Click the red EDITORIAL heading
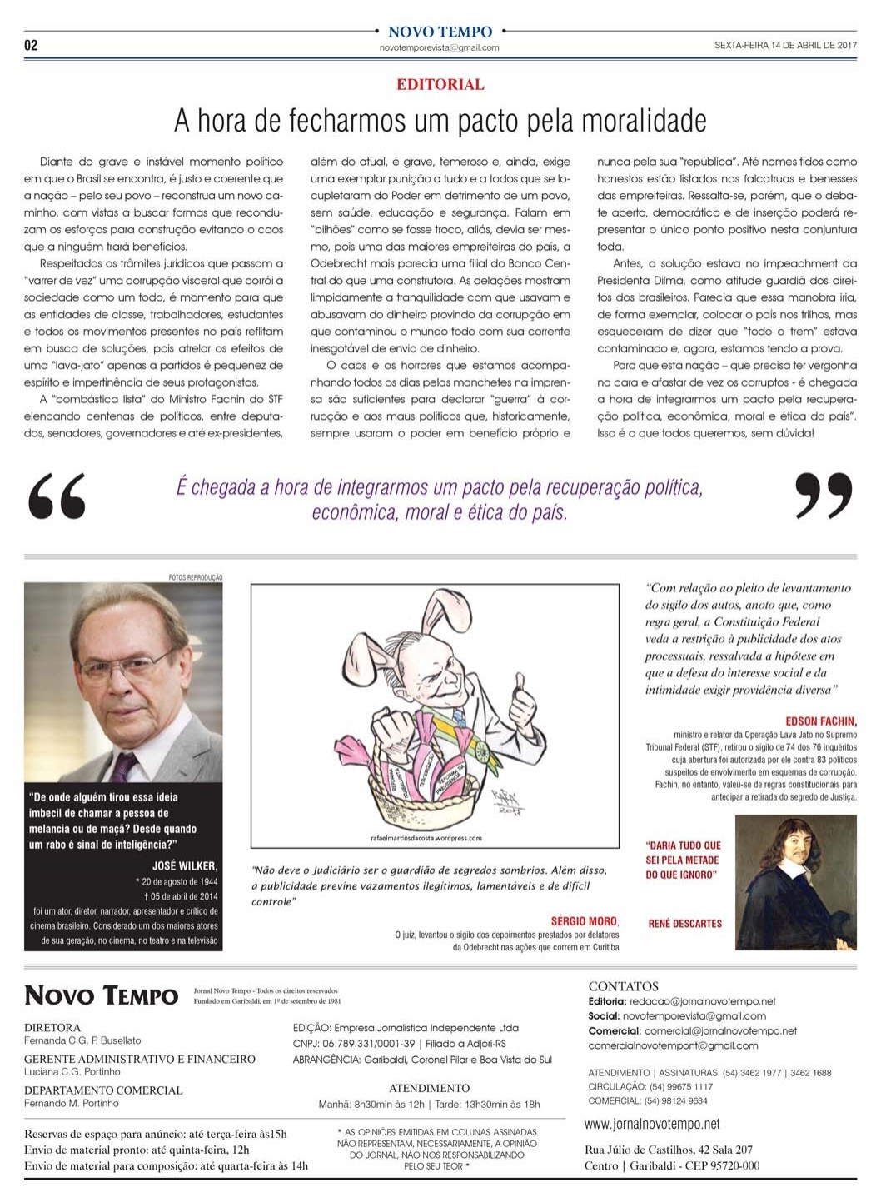tap(440, 84)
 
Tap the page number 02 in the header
tap(31, 45)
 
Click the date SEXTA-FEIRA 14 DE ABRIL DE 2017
tap(785, 46)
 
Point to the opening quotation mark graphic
tap(57, 496)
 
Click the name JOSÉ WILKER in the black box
tap(185, 865)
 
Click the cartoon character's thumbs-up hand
tap(523, 703)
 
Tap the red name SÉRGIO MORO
tap(585, 921)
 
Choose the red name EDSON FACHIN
tap(820, 721)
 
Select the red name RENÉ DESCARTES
tap(684, 924)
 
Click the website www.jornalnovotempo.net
tap(652, 1125)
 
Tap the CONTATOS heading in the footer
tap(623, 986)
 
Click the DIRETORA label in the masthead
tap(52, 1027)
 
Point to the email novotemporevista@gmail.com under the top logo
tap(439, 48)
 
